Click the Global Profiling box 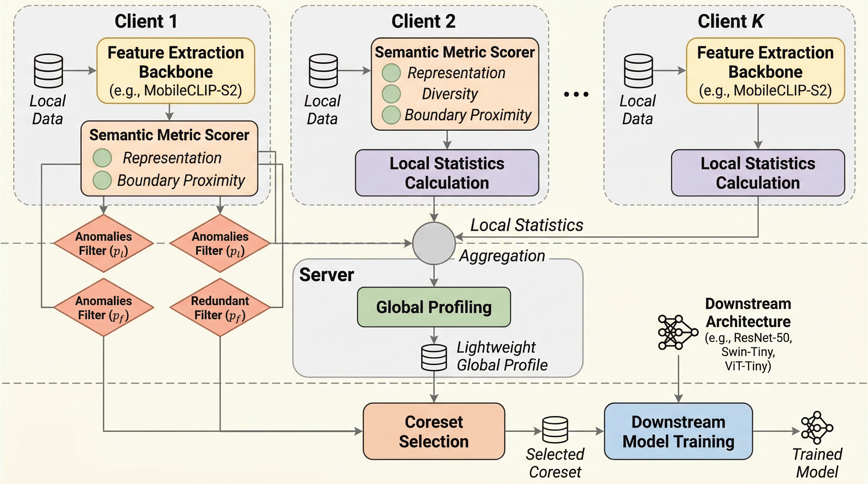click(434, 307)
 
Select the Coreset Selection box click(434, 431)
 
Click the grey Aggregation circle click(434, 243)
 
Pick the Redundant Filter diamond click(220, 307)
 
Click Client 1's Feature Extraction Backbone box click(176, 71)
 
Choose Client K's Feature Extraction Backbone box click(765, 71)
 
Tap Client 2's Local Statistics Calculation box click(447, 173)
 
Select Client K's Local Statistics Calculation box click(758, 173)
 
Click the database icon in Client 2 click(323, 71)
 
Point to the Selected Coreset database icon click(555, 429)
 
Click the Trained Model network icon click(817, 428)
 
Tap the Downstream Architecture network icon click(678, 332)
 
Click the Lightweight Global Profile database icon click(434, 357)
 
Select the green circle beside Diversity click(391, 94)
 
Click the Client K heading click(730, 21)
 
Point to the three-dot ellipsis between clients click(576, 94)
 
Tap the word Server click(326, 275)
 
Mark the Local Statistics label click(526, 225)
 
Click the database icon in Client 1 click(49, 71)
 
